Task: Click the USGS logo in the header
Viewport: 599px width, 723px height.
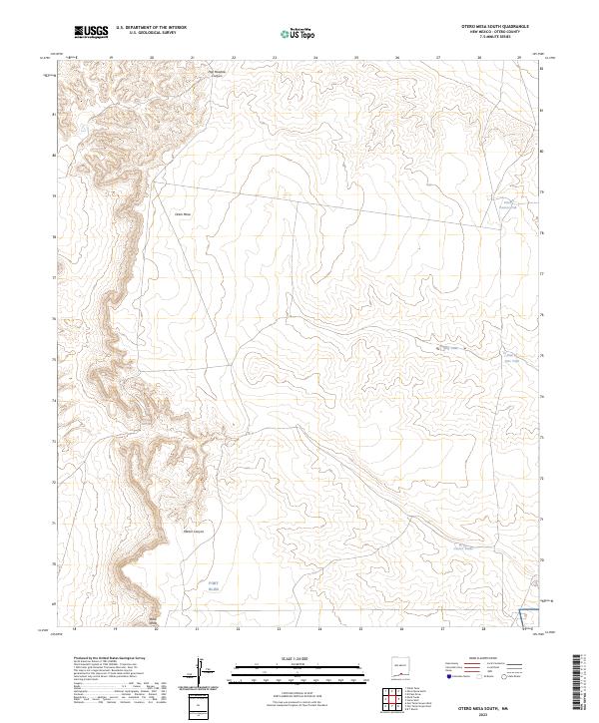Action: (92, 33)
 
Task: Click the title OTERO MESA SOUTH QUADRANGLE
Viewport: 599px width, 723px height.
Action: (487, 27)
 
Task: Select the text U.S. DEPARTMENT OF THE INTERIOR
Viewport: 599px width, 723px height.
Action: (151, 28)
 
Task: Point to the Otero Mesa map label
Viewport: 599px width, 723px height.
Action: (182, 213)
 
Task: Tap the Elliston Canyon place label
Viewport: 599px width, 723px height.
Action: (193, 531)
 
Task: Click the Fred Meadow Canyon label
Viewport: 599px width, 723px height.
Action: (218, 73)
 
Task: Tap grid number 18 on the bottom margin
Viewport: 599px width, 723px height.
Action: (74, 629)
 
